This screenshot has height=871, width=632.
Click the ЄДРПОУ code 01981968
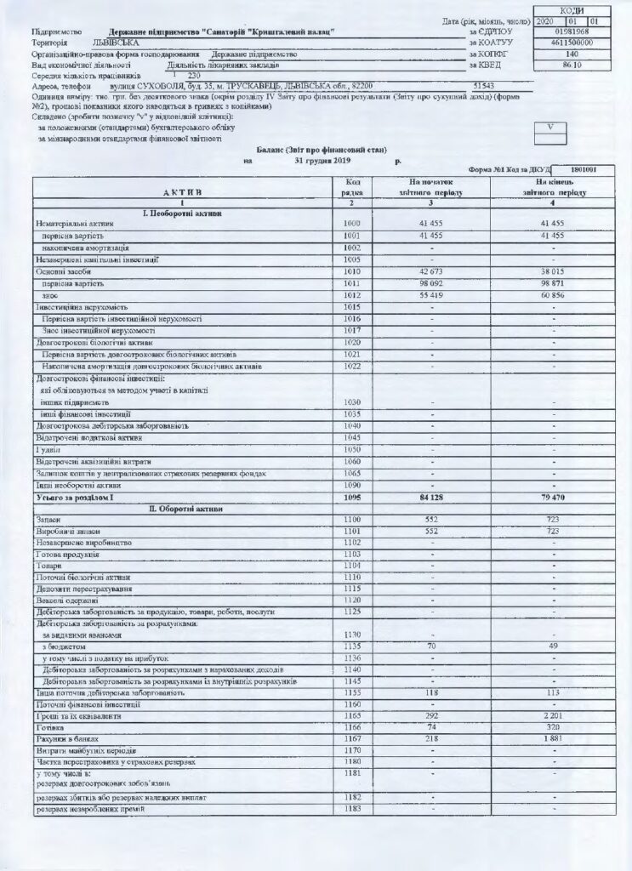[x=565, y=31]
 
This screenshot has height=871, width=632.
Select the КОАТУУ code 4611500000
[x=565, y=42]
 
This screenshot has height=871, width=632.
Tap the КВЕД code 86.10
[x=565, y=64]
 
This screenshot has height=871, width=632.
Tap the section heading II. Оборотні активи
[x=185, y=508]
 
